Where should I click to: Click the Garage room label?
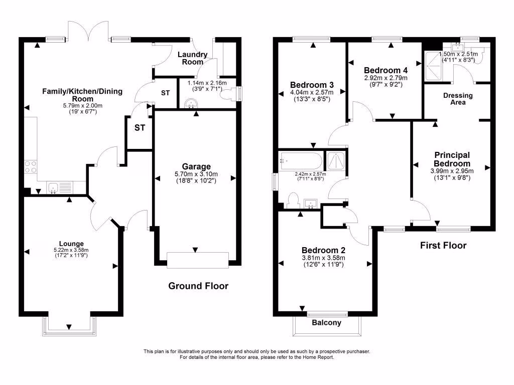197,166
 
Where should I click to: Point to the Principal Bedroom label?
452,159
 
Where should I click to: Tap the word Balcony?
327,323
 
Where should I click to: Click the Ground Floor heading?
198,286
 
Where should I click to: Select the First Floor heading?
443,246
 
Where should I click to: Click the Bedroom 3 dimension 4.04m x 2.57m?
312,92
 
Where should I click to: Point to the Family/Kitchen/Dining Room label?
82,95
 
